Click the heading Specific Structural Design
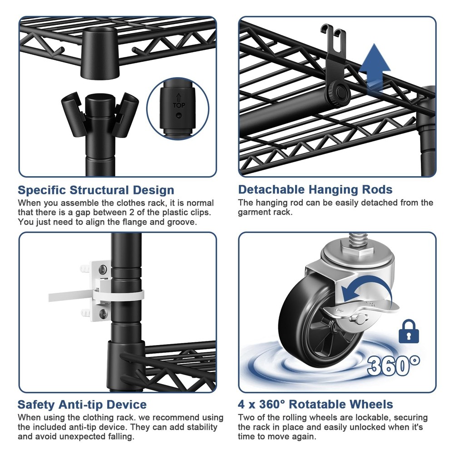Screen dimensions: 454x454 (96, 190)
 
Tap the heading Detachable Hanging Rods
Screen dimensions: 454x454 (315, 190)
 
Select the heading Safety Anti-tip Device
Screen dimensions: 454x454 (82, 405)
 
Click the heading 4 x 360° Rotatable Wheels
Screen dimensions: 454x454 (316, 405)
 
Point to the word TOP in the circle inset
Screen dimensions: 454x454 (179, 105)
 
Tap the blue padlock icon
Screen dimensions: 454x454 (409, 332)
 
